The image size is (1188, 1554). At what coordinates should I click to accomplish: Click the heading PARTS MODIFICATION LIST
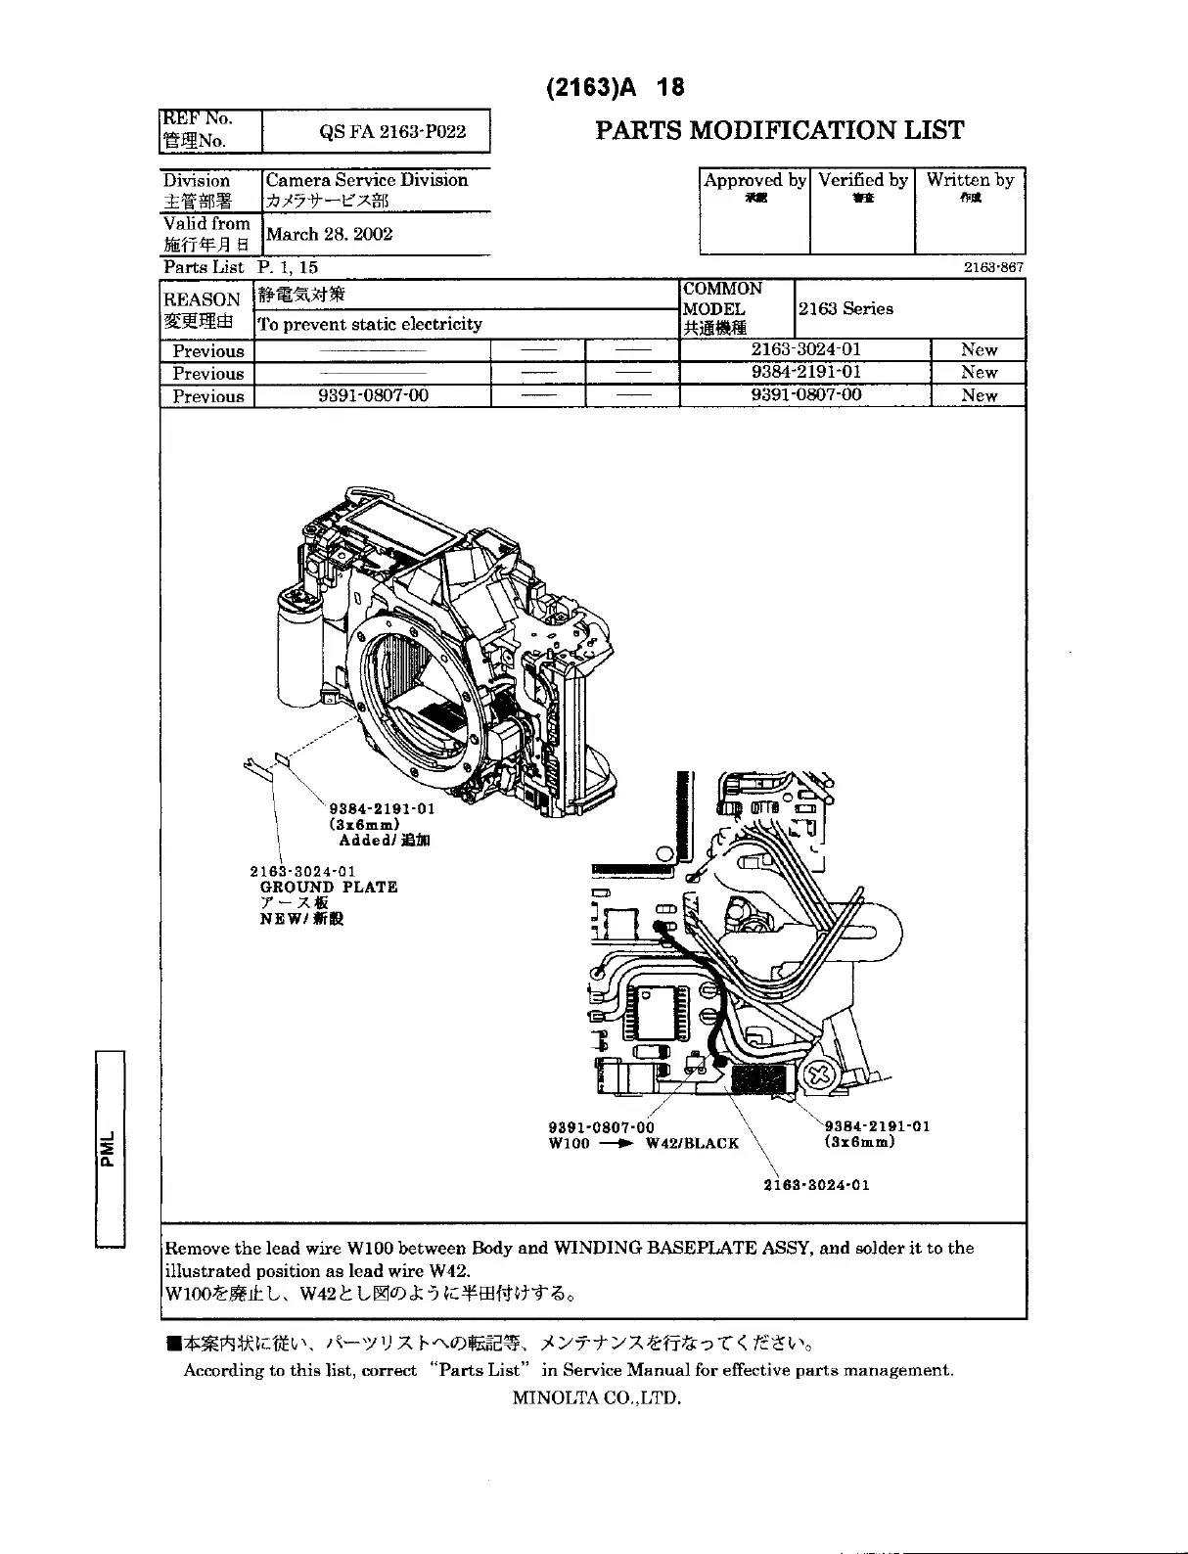(780, 130)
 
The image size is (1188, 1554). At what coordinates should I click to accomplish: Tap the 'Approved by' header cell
(754, 180)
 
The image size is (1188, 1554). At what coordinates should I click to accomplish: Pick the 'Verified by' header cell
(862, 180)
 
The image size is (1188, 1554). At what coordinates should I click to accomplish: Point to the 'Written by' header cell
(970, 180)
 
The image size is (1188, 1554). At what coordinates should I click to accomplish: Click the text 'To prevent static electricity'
(369, 324)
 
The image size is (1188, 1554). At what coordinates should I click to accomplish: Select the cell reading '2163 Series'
(845, 308)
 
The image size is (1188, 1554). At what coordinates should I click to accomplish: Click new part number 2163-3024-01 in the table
(805, 349)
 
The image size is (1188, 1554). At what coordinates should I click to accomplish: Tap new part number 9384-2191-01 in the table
(805, 372)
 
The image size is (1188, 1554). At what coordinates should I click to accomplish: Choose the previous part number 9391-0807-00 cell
(372, 395)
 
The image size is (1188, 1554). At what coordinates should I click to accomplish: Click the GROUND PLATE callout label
(329, 888)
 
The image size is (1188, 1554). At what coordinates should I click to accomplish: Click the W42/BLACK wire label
(692, 1143)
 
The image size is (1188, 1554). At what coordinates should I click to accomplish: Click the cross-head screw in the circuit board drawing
(821, 1076)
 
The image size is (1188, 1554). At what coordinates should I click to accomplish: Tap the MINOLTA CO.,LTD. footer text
(596, 1397)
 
